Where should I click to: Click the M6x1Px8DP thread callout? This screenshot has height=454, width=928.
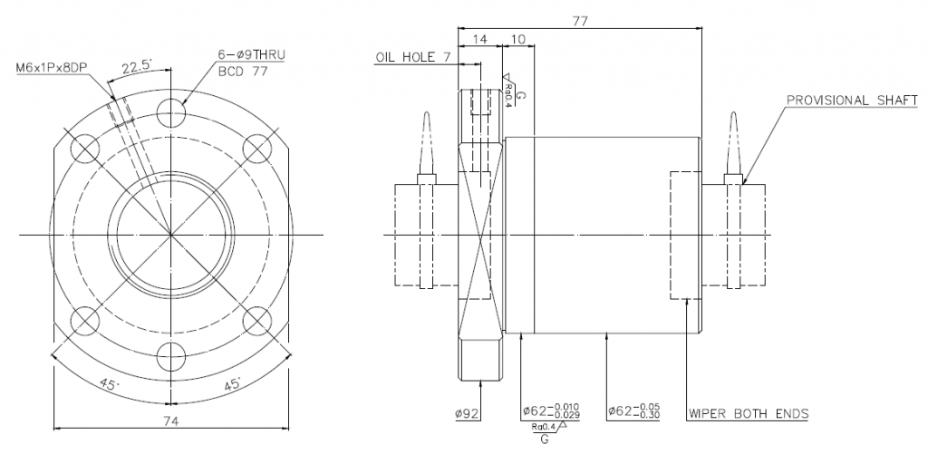pyautogui.click(x=52, y=69)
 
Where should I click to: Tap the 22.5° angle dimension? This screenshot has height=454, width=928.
pyautogui.click(x=138, y=67)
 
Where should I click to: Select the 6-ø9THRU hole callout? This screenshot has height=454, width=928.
pyautogui.click(x=252, y=55)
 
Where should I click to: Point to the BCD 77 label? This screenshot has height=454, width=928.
pyautogui.click(x=243, y=72)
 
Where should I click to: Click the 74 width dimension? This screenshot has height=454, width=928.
pyautogui.click(x=171, y=420)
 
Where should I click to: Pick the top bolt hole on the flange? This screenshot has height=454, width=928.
pyautogui.click(x=171, y=111)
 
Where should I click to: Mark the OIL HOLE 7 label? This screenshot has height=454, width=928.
pyautogui.click(x=413, y=57)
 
